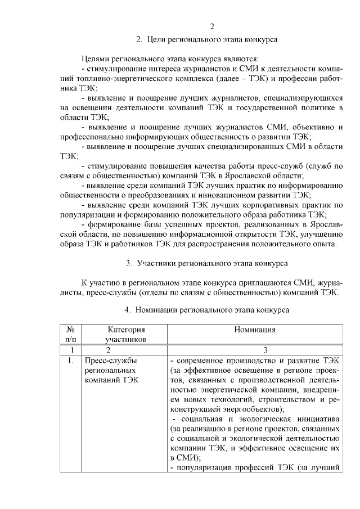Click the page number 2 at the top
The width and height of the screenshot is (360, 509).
point(212,27)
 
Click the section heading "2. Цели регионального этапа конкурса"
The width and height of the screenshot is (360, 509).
point(212,39)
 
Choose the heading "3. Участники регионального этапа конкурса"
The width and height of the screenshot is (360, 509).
point(206,263)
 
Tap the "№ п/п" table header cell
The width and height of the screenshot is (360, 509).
point(71,335)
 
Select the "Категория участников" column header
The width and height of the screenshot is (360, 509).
point(126,335)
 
